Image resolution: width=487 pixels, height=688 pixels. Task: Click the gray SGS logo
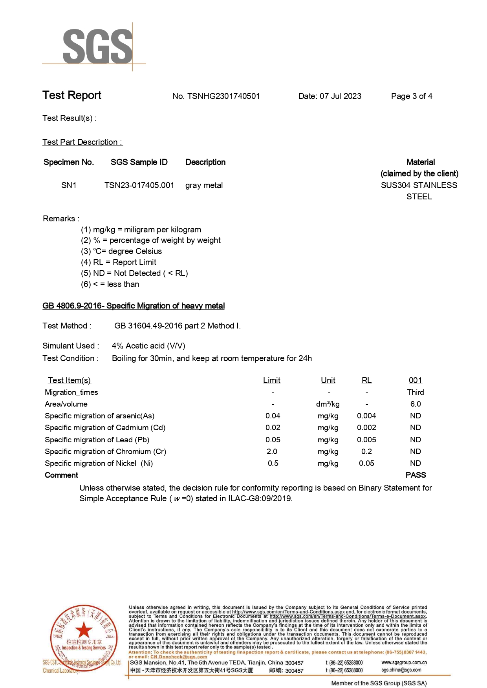(x=97, y=47)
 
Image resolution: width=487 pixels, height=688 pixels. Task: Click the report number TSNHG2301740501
(x=223, y=96)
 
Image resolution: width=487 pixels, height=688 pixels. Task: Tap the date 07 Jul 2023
(x=340, y=96)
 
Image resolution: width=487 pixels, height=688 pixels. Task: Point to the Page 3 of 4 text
(x=412, y=96)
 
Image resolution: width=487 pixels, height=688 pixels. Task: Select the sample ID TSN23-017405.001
(x=139, y=185)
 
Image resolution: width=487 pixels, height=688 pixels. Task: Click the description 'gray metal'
(x=204, y=185)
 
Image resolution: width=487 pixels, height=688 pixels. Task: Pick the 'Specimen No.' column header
(x=69, y=162)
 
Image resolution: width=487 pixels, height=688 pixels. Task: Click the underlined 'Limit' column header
(x=272, y=380)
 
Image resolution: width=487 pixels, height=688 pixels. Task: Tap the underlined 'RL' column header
(x=366, y=380)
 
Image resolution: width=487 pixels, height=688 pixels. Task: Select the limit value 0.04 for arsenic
(x=273, y=416)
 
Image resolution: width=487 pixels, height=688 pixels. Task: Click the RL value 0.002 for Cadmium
(x=366, y=427)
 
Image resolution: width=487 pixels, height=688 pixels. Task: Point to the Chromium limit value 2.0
(x=272, y=451)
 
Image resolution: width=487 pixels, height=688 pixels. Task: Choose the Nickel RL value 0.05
(x=366, y=463)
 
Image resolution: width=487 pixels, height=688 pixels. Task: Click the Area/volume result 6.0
(x=416, y=404)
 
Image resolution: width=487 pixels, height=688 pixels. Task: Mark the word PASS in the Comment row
(x=416, y=475)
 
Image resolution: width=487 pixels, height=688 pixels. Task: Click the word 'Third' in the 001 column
(x=416, y=392)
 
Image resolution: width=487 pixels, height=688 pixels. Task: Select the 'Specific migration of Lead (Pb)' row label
(x=97, y=440)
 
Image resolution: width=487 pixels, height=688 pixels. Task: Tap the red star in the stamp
(x=84, y=630)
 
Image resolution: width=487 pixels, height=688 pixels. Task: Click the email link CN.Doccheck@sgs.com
(x=179, y=657)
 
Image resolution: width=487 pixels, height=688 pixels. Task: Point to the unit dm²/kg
(x=328, y=404)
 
